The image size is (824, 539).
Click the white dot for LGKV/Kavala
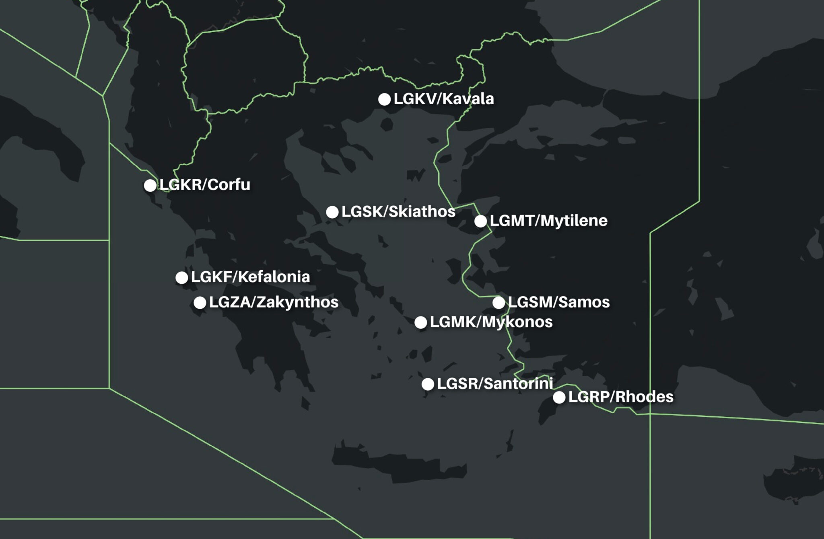click(x=385, y=99)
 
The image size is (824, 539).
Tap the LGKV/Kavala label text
click(x=444, y=99)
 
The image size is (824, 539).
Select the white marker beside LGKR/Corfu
click(x=150, y=185)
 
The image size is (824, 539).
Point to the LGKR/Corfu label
click(x=205, y=184)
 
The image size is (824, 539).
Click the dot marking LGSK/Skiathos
click(x=332, y=212)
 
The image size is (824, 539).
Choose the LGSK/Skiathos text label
click(x=398, y=211)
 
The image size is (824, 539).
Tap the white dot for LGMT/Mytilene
click(x=480, y=221)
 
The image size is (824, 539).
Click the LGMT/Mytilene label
click(x=549, y=221)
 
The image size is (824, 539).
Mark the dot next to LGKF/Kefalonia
click(x=182, y=277)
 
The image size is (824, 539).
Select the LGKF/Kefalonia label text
click(x=250, y=277)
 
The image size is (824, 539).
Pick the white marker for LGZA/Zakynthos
click(x=200, y=303)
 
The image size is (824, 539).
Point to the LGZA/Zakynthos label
click(x=274, y=302)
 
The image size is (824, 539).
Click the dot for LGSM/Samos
click(x=499, y=303)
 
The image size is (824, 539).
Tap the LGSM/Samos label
click(x=559, y=302)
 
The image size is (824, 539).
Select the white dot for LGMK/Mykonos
click(x=421, y=322)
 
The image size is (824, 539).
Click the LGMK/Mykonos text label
click(x=491, y=322)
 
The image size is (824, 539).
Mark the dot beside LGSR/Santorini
click(x=428, y=384)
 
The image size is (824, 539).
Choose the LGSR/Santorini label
click(x=495, y=383)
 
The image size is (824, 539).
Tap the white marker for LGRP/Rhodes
click(x=559, y=398)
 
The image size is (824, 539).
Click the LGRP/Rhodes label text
click(x=621, y=397)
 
